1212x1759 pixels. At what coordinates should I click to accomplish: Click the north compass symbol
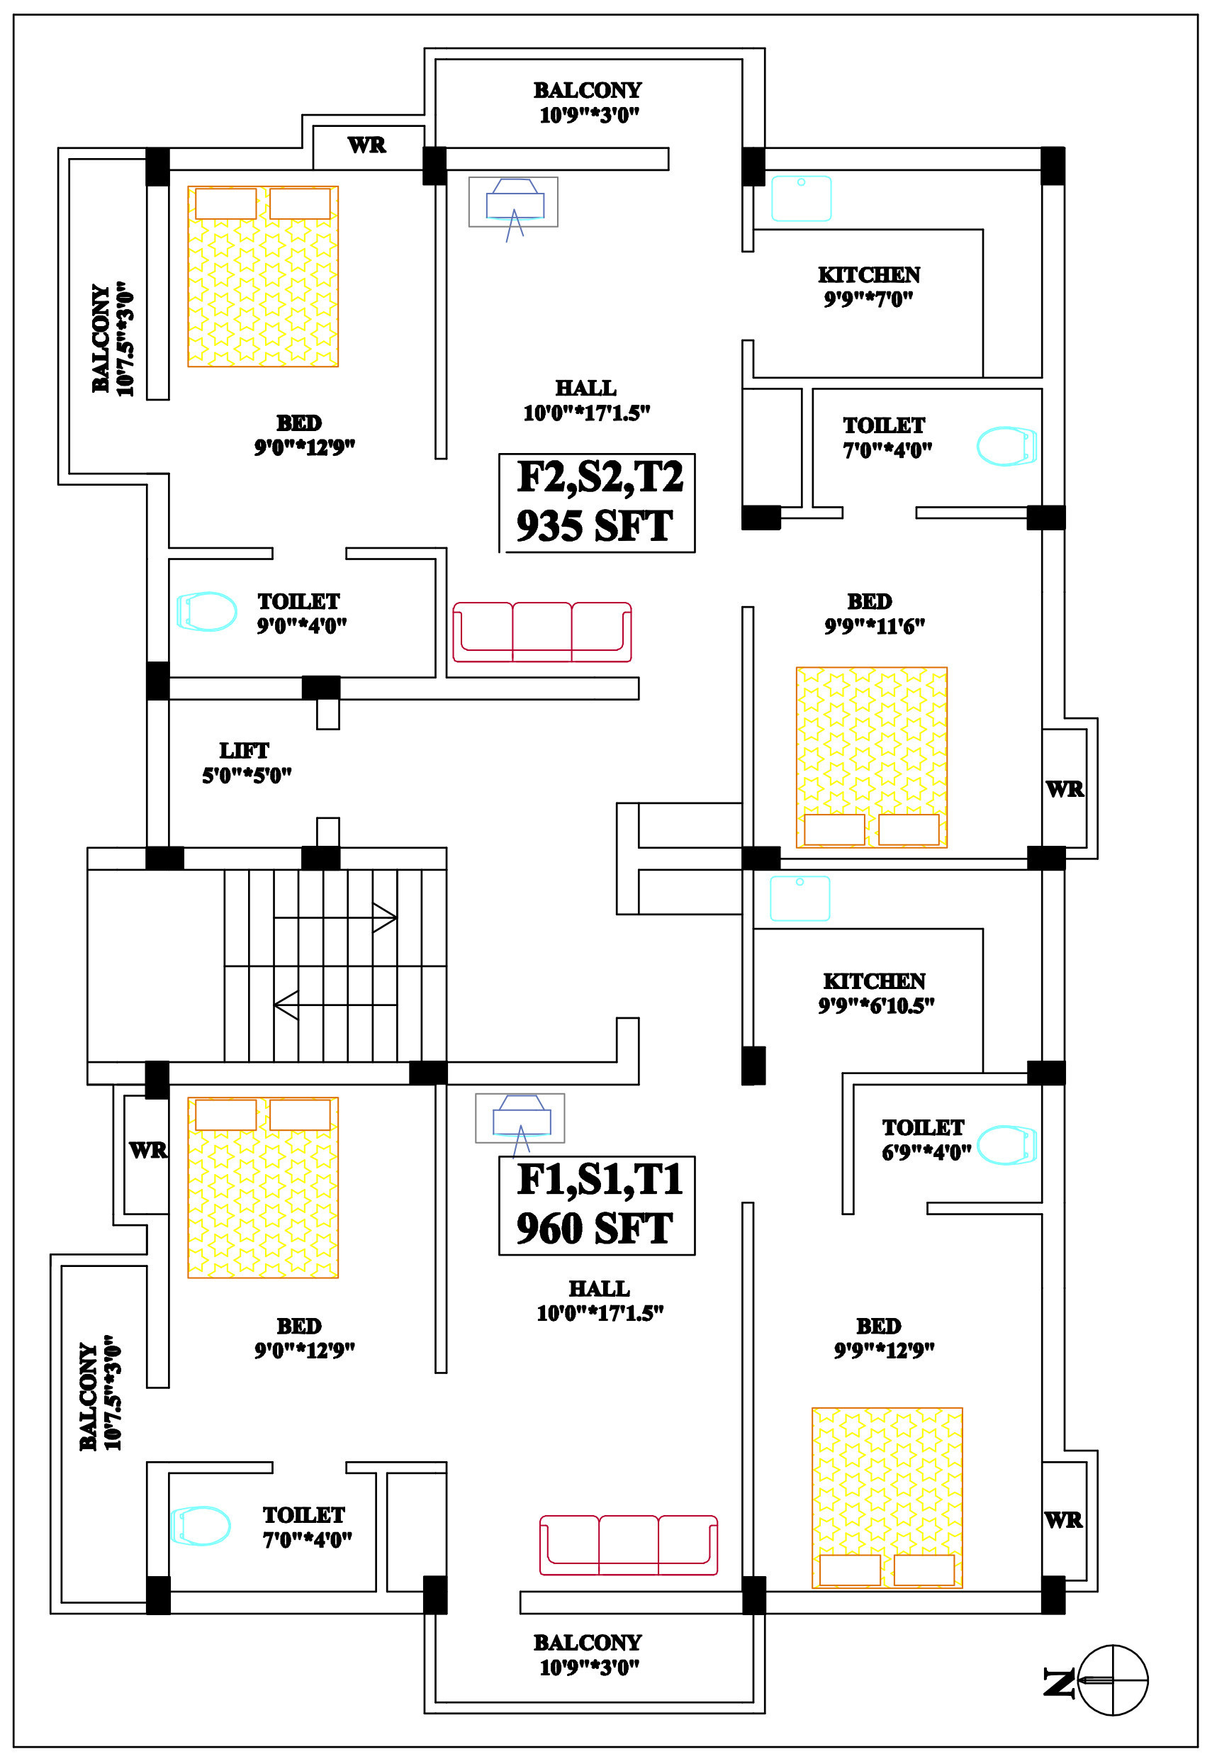coord(1112,1680)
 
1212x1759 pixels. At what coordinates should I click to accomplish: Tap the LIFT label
coord(244,750)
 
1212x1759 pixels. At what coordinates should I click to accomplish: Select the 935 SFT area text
coord(595,525)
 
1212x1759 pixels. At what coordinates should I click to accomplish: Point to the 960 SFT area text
coord(595,1228)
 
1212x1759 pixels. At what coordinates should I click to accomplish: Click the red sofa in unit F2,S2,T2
coord(542,631)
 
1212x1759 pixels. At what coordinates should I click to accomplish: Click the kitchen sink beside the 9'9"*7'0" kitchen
coord(801,199)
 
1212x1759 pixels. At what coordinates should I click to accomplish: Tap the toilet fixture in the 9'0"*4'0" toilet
coord(206,610)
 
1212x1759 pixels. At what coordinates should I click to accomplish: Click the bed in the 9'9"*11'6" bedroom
coord(871,757)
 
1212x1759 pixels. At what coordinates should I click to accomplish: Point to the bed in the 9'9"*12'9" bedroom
coord(887,1497)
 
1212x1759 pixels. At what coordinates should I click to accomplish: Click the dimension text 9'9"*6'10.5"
coord(875,1005)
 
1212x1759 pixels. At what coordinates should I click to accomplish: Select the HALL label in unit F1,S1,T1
coord(599,1288)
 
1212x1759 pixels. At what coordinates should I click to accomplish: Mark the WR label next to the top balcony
coord(367,145)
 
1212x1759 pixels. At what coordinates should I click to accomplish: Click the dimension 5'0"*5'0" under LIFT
coord(247,776)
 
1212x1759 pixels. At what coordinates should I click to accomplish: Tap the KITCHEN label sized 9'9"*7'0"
coord(869,275)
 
